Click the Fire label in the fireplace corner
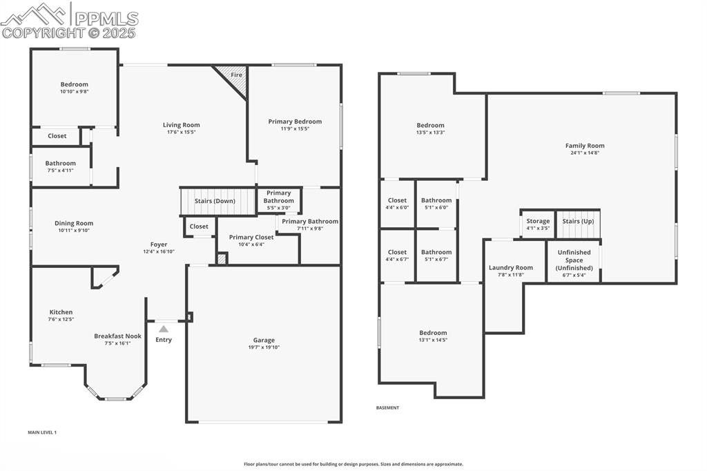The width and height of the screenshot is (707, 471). [x=236, y=75]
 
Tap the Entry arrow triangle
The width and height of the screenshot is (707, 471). [x=164, y=329]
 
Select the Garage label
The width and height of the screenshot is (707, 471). [x=264, y=340]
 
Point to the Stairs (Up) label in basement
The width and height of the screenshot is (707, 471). [x=578, y=222]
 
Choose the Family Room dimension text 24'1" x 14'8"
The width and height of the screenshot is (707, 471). [x=585, y=153]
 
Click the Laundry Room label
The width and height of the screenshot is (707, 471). [x=511, y=267]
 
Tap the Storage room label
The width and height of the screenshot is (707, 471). [x=538, y=221]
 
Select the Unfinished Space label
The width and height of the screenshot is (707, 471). [x=574, y=260]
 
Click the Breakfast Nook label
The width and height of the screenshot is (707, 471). [x=117, y=336]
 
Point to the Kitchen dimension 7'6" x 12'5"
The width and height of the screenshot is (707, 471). [x=61, y=320]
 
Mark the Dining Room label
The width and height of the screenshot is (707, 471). [x=74, y=223]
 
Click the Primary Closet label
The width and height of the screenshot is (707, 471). [x=251, y=237]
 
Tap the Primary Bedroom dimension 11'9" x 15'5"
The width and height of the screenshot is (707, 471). [x=295, y=129]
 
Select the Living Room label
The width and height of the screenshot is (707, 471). [x=182, y=125]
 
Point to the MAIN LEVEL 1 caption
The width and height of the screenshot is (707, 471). [x=42, y=432]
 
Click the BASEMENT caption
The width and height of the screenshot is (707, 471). [x=387, y=407]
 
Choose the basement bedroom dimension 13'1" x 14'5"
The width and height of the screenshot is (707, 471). [x=432, y=340]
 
